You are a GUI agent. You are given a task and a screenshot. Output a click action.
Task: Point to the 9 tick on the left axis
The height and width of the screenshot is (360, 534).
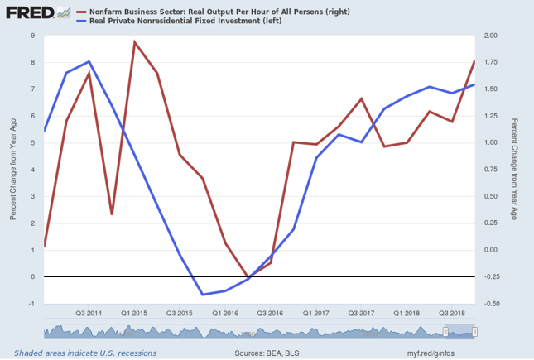coord(32,36)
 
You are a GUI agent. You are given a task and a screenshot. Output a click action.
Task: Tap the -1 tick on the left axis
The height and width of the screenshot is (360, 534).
coord(31,304)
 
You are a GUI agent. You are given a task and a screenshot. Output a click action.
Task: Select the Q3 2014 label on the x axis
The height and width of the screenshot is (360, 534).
coord(89,313)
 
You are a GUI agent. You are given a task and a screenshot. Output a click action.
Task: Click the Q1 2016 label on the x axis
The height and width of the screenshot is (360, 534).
coord(225,313)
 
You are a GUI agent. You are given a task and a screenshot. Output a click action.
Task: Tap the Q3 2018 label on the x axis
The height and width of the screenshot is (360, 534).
coord(452,313)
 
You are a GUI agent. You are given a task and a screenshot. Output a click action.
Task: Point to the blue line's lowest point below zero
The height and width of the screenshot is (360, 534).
coord(203,294)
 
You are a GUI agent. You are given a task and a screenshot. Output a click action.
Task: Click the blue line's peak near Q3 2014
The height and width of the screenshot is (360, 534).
coord(89,62)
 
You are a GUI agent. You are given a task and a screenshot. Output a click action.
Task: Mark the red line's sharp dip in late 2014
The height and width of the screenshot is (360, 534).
coord(112,214)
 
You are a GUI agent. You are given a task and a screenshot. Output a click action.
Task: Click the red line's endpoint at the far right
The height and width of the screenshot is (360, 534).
coord(474,60)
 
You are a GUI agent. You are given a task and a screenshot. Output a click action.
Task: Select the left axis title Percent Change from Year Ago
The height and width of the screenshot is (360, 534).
coord(12,169)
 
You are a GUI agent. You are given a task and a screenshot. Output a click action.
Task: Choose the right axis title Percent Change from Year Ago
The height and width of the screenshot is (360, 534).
coord(515,169)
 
